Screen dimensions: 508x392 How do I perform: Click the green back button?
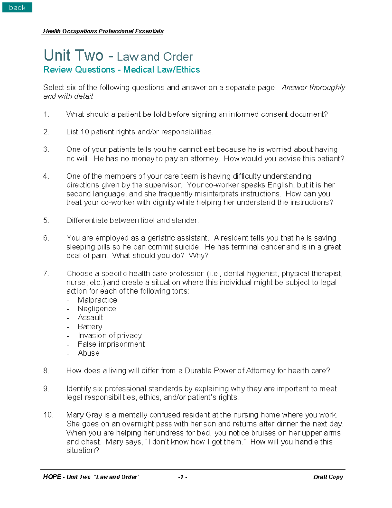(17, 7)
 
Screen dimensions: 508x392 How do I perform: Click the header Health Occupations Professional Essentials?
(103, 31)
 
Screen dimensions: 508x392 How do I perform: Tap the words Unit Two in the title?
(73, 55)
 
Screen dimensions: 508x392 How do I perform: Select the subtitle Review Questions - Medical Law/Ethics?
(122, 70)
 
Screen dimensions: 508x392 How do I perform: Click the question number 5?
(46, 220)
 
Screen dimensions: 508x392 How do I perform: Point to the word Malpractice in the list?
(97, 300)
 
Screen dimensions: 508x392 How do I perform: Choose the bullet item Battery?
(90, 327)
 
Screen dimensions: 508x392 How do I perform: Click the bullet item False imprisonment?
(111, 344)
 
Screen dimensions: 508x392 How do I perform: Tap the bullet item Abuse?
(89, 353)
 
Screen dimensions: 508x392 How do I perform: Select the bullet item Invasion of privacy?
(110, 336)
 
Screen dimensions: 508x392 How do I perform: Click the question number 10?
(48, 415)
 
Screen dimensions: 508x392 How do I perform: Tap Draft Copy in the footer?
(328, 477)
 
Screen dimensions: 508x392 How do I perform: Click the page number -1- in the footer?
(182, 477)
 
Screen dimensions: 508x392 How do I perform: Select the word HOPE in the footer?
(52, 477)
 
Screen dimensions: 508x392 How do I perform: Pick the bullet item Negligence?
(97, 309)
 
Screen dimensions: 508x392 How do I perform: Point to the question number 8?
(46, 371)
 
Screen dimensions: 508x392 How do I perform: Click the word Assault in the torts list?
(90, 318)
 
